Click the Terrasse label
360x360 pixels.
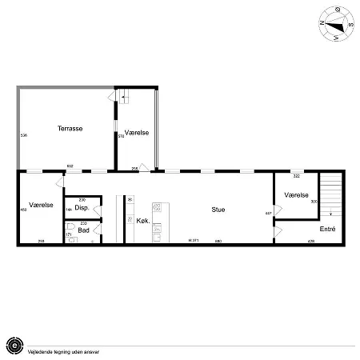[x=70, y=128]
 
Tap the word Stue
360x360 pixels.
[x=218, y=210]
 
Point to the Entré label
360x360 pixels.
[x=327, y=229]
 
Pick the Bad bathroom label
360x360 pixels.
[x=83, y=230]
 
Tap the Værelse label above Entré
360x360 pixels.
[x=297, y=194]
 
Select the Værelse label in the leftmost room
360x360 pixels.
[x=41, y=206]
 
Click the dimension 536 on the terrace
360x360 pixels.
[x=23, y=136]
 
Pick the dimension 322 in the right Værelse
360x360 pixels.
[x=296, y=176]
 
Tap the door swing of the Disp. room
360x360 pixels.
[x=97, y=210]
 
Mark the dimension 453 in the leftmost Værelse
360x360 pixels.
[x=23, y=211]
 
